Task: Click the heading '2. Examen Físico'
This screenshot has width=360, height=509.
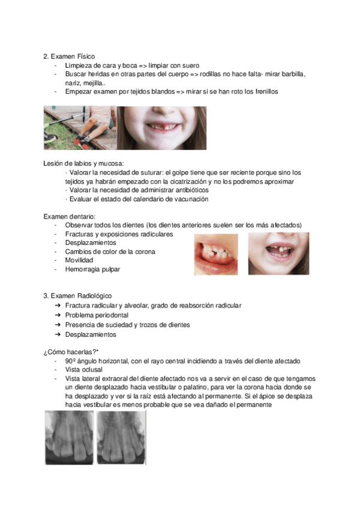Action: click(69, 56)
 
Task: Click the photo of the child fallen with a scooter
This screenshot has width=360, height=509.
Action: click(79, 128)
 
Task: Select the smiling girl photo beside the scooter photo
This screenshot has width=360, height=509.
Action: click(161, 128)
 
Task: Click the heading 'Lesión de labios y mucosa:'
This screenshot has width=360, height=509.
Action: click(83, 163)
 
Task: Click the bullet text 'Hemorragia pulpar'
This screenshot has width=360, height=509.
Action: click(92, 270)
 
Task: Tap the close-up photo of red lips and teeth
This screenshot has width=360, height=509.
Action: click(215, 254)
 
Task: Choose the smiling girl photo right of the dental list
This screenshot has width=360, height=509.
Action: click(278, 254)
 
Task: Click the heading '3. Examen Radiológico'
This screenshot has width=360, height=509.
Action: click(77, 297)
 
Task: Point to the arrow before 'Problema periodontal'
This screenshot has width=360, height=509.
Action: click(58, 315)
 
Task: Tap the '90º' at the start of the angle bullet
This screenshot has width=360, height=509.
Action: click(71, 361)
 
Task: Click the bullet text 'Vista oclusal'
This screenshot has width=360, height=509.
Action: click(83, 370)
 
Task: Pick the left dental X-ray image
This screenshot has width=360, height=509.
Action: click(69, 437)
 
